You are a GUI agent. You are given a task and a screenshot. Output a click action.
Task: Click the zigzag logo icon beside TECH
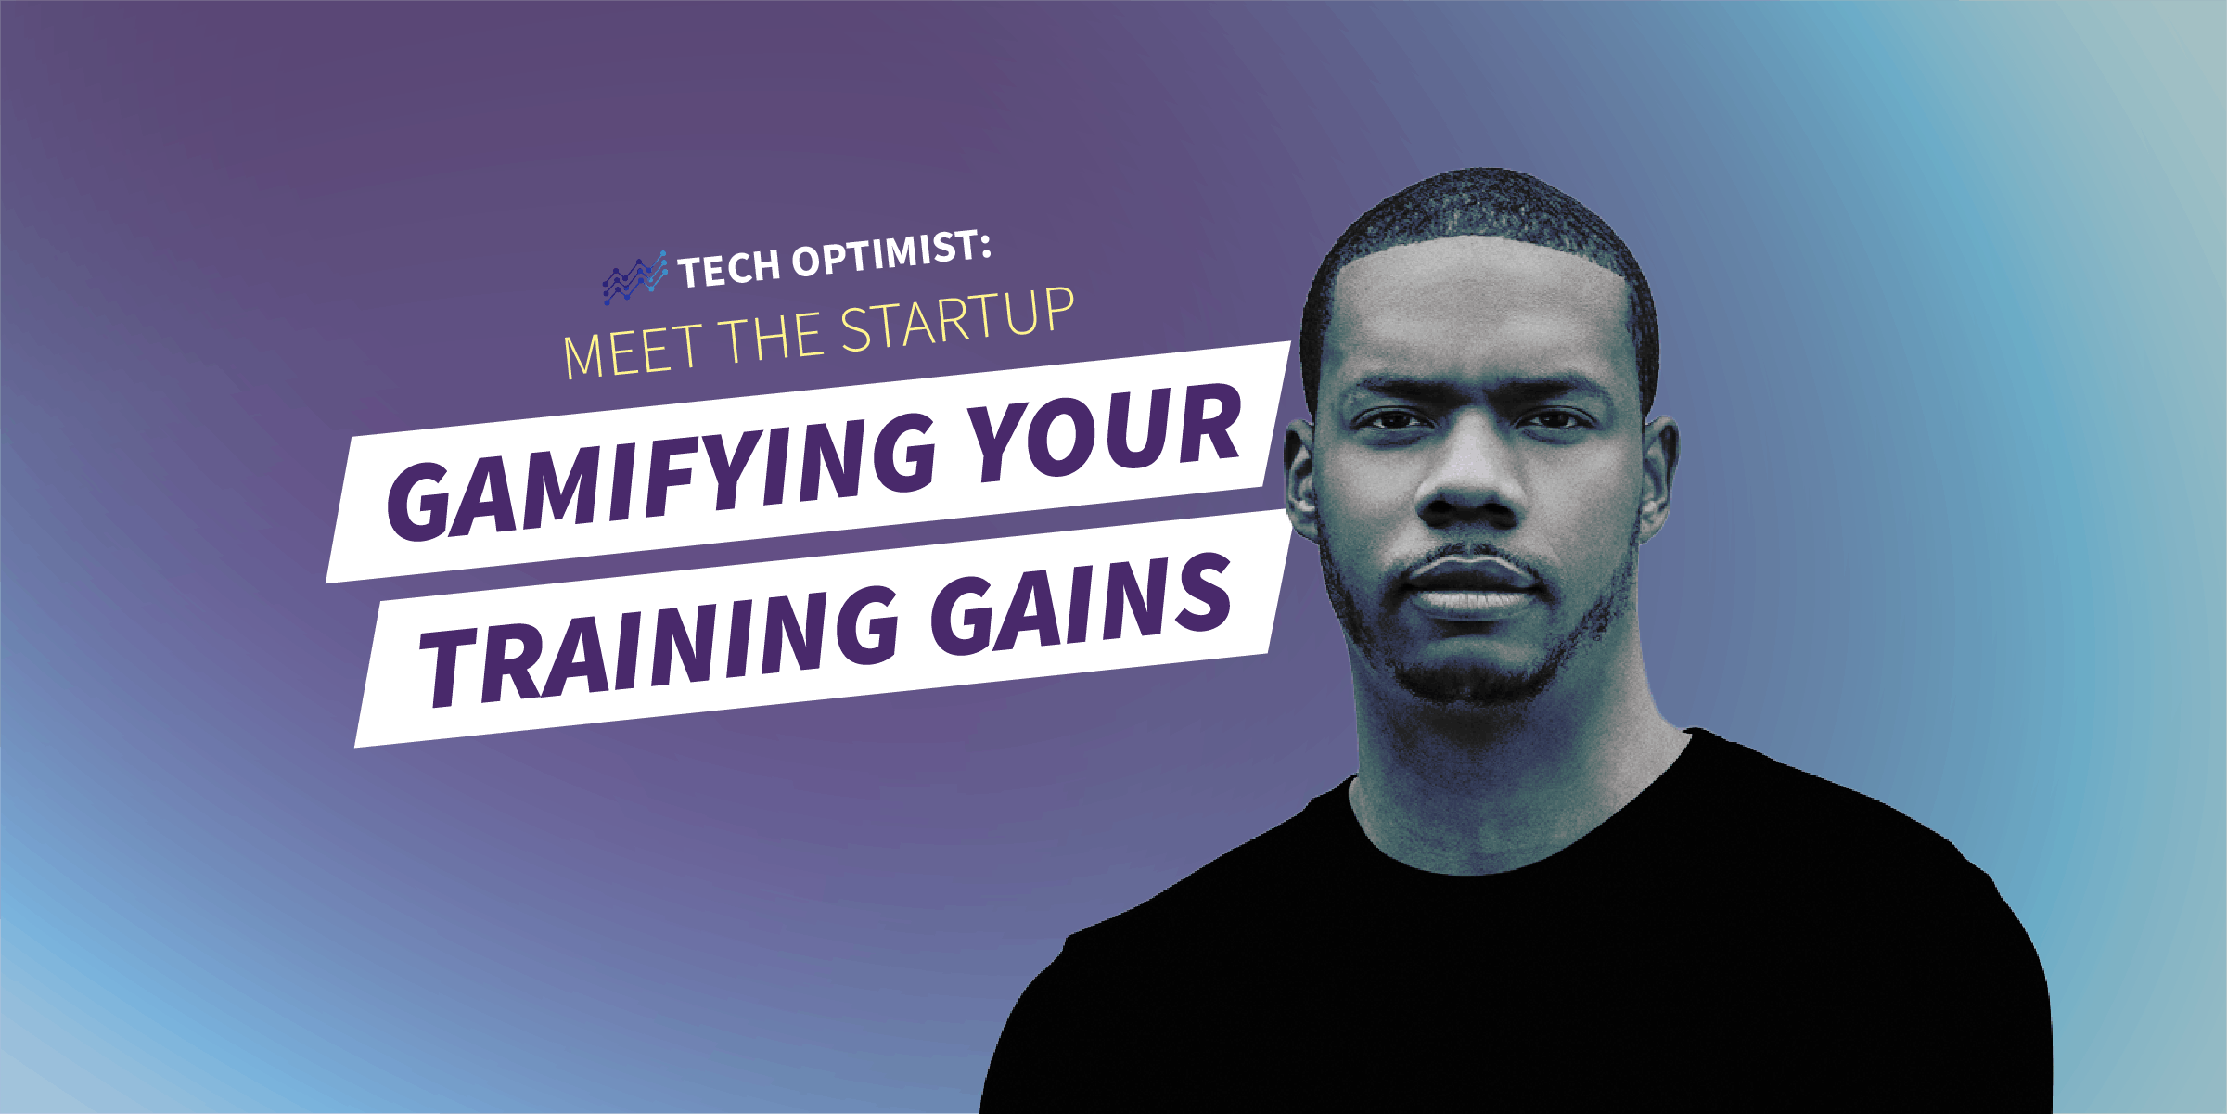[634, 277]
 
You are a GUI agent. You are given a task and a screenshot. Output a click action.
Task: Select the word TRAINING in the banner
[659, 644]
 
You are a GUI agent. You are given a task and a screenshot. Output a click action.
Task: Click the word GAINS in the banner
[1081, 603]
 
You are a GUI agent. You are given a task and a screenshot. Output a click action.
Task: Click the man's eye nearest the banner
[1388, 422]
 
